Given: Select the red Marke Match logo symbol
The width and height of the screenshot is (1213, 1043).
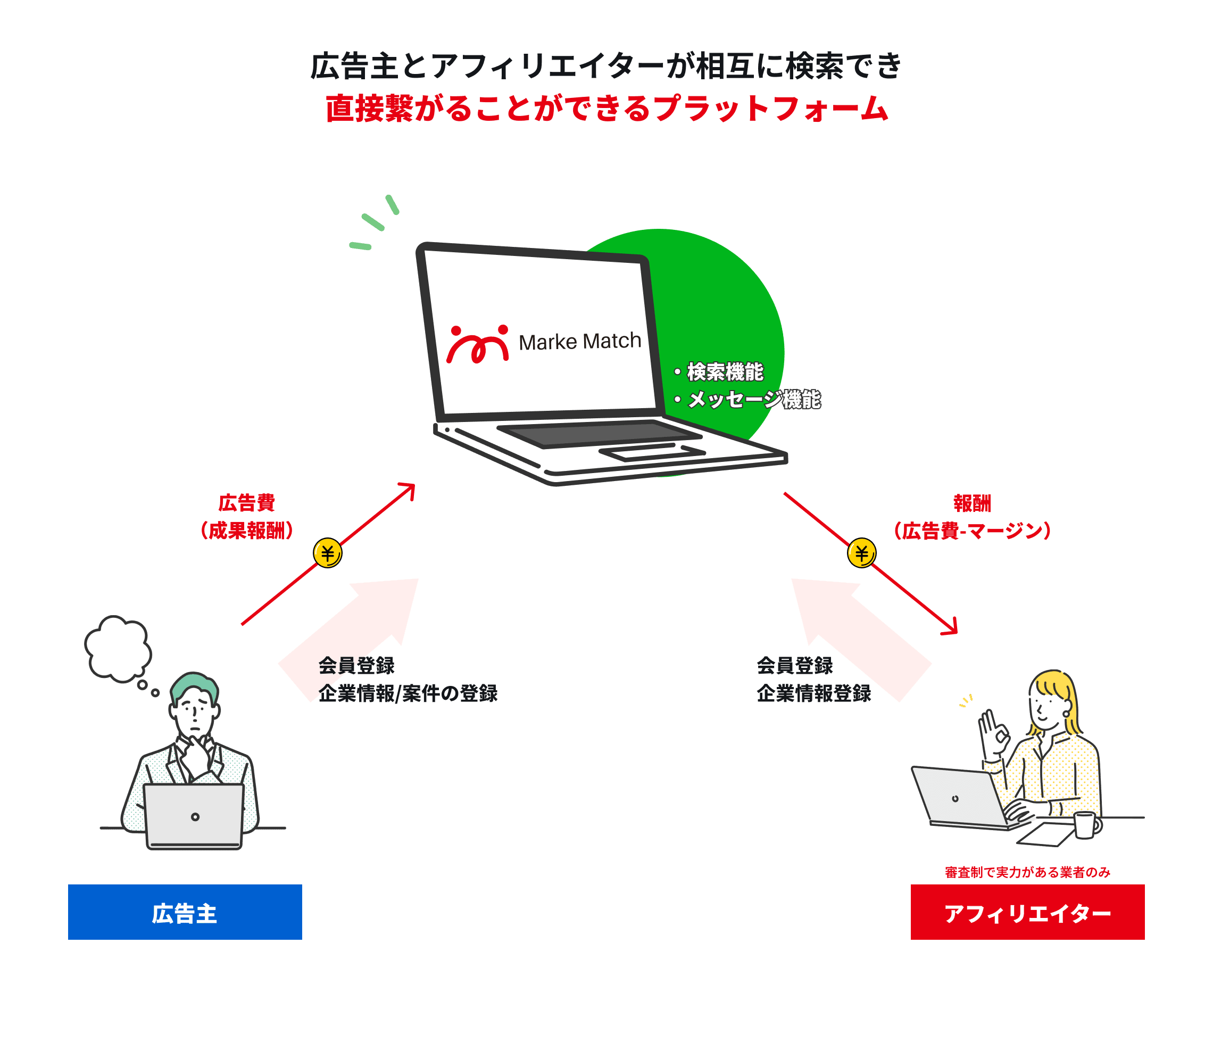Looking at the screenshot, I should (x=478, y=344).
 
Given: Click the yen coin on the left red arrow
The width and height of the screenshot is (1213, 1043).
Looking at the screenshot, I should (x=327, y=553).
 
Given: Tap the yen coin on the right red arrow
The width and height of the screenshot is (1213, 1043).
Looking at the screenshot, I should (x=861, y=553).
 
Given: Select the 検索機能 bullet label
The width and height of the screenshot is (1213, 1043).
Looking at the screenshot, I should (x=724, y=372).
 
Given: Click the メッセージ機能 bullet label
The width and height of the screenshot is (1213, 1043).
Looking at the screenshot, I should (x=753, y=400).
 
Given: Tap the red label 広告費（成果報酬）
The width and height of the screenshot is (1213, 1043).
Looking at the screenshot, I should (x=246, y=517).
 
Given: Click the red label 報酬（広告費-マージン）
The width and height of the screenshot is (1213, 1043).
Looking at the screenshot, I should (x=972, y=517).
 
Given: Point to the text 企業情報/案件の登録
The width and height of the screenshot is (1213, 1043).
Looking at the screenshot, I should (x=408, y=693).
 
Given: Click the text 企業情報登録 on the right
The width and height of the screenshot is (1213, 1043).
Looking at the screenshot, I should (x=814, y=693).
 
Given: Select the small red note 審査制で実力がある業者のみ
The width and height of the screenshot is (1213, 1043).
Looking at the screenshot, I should (x=1027, y=872).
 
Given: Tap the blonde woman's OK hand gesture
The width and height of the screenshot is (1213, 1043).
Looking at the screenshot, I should (x=992, y=732).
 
